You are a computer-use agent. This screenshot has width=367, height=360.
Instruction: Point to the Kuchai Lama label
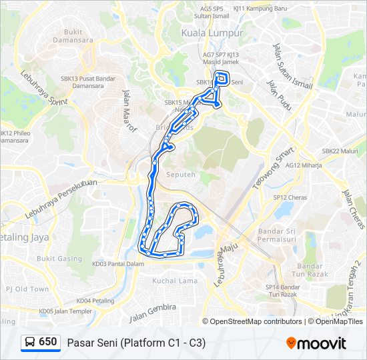(175, 281)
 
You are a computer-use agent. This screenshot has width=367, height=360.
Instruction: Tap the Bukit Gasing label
(59, 259)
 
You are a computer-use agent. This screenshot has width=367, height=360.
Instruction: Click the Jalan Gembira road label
(153, 312)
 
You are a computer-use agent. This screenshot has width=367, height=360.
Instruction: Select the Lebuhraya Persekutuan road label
(61, 199)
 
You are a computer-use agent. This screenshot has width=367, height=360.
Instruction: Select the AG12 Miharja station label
(304, 165)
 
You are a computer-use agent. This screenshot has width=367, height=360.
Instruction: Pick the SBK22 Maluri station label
(340, 151)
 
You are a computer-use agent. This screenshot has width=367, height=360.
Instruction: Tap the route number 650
(48, 342)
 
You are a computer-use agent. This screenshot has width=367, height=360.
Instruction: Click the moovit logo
(316, 343)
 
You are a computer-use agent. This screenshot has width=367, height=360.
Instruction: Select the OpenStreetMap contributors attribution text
(256, 321)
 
